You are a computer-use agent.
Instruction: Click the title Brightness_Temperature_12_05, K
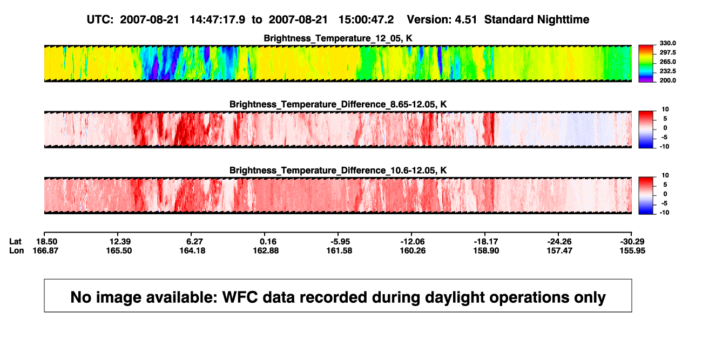point(338,38)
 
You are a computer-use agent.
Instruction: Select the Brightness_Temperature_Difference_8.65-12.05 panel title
point(338,104)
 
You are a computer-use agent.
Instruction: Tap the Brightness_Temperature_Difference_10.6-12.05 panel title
point(338,171)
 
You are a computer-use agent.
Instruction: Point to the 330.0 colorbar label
point(667,43)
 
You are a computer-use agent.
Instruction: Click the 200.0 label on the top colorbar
point(667,80)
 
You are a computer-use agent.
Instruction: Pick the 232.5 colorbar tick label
point(667,71)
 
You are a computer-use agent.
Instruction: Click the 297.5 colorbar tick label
point(667,52)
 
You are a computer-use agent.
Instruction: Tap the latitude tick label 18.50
point(47,242)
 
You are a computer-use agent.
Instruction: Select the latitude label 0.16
point(268,242)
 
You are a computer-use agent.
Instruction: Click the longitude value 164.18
point(192,250)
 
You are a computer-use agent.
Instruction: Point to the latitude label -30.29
point(632,242)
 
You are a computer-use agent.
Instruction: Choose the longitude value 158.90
point(486,250)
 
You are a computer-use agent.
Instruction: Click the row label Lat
point(15,242)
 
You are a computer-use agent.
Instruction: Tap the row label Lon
point(16,250)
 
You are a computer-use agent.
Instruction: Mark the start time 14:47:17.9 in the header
point(218,19)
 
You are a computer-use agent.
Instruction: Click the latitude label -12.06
point(412,242)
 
